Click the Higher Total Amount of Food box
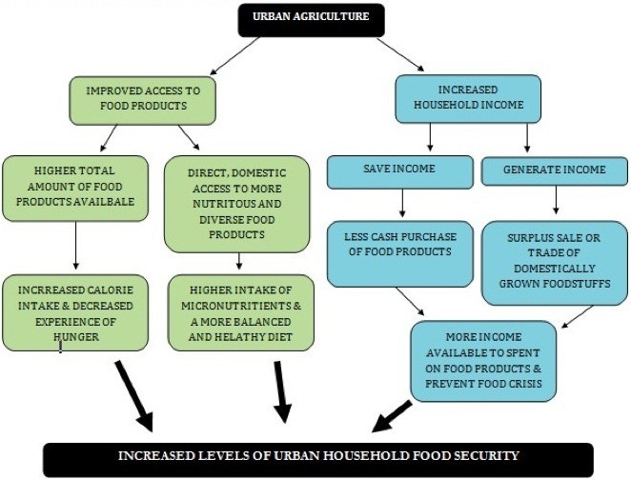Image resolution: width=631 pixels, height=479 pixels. coord(74,188)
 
